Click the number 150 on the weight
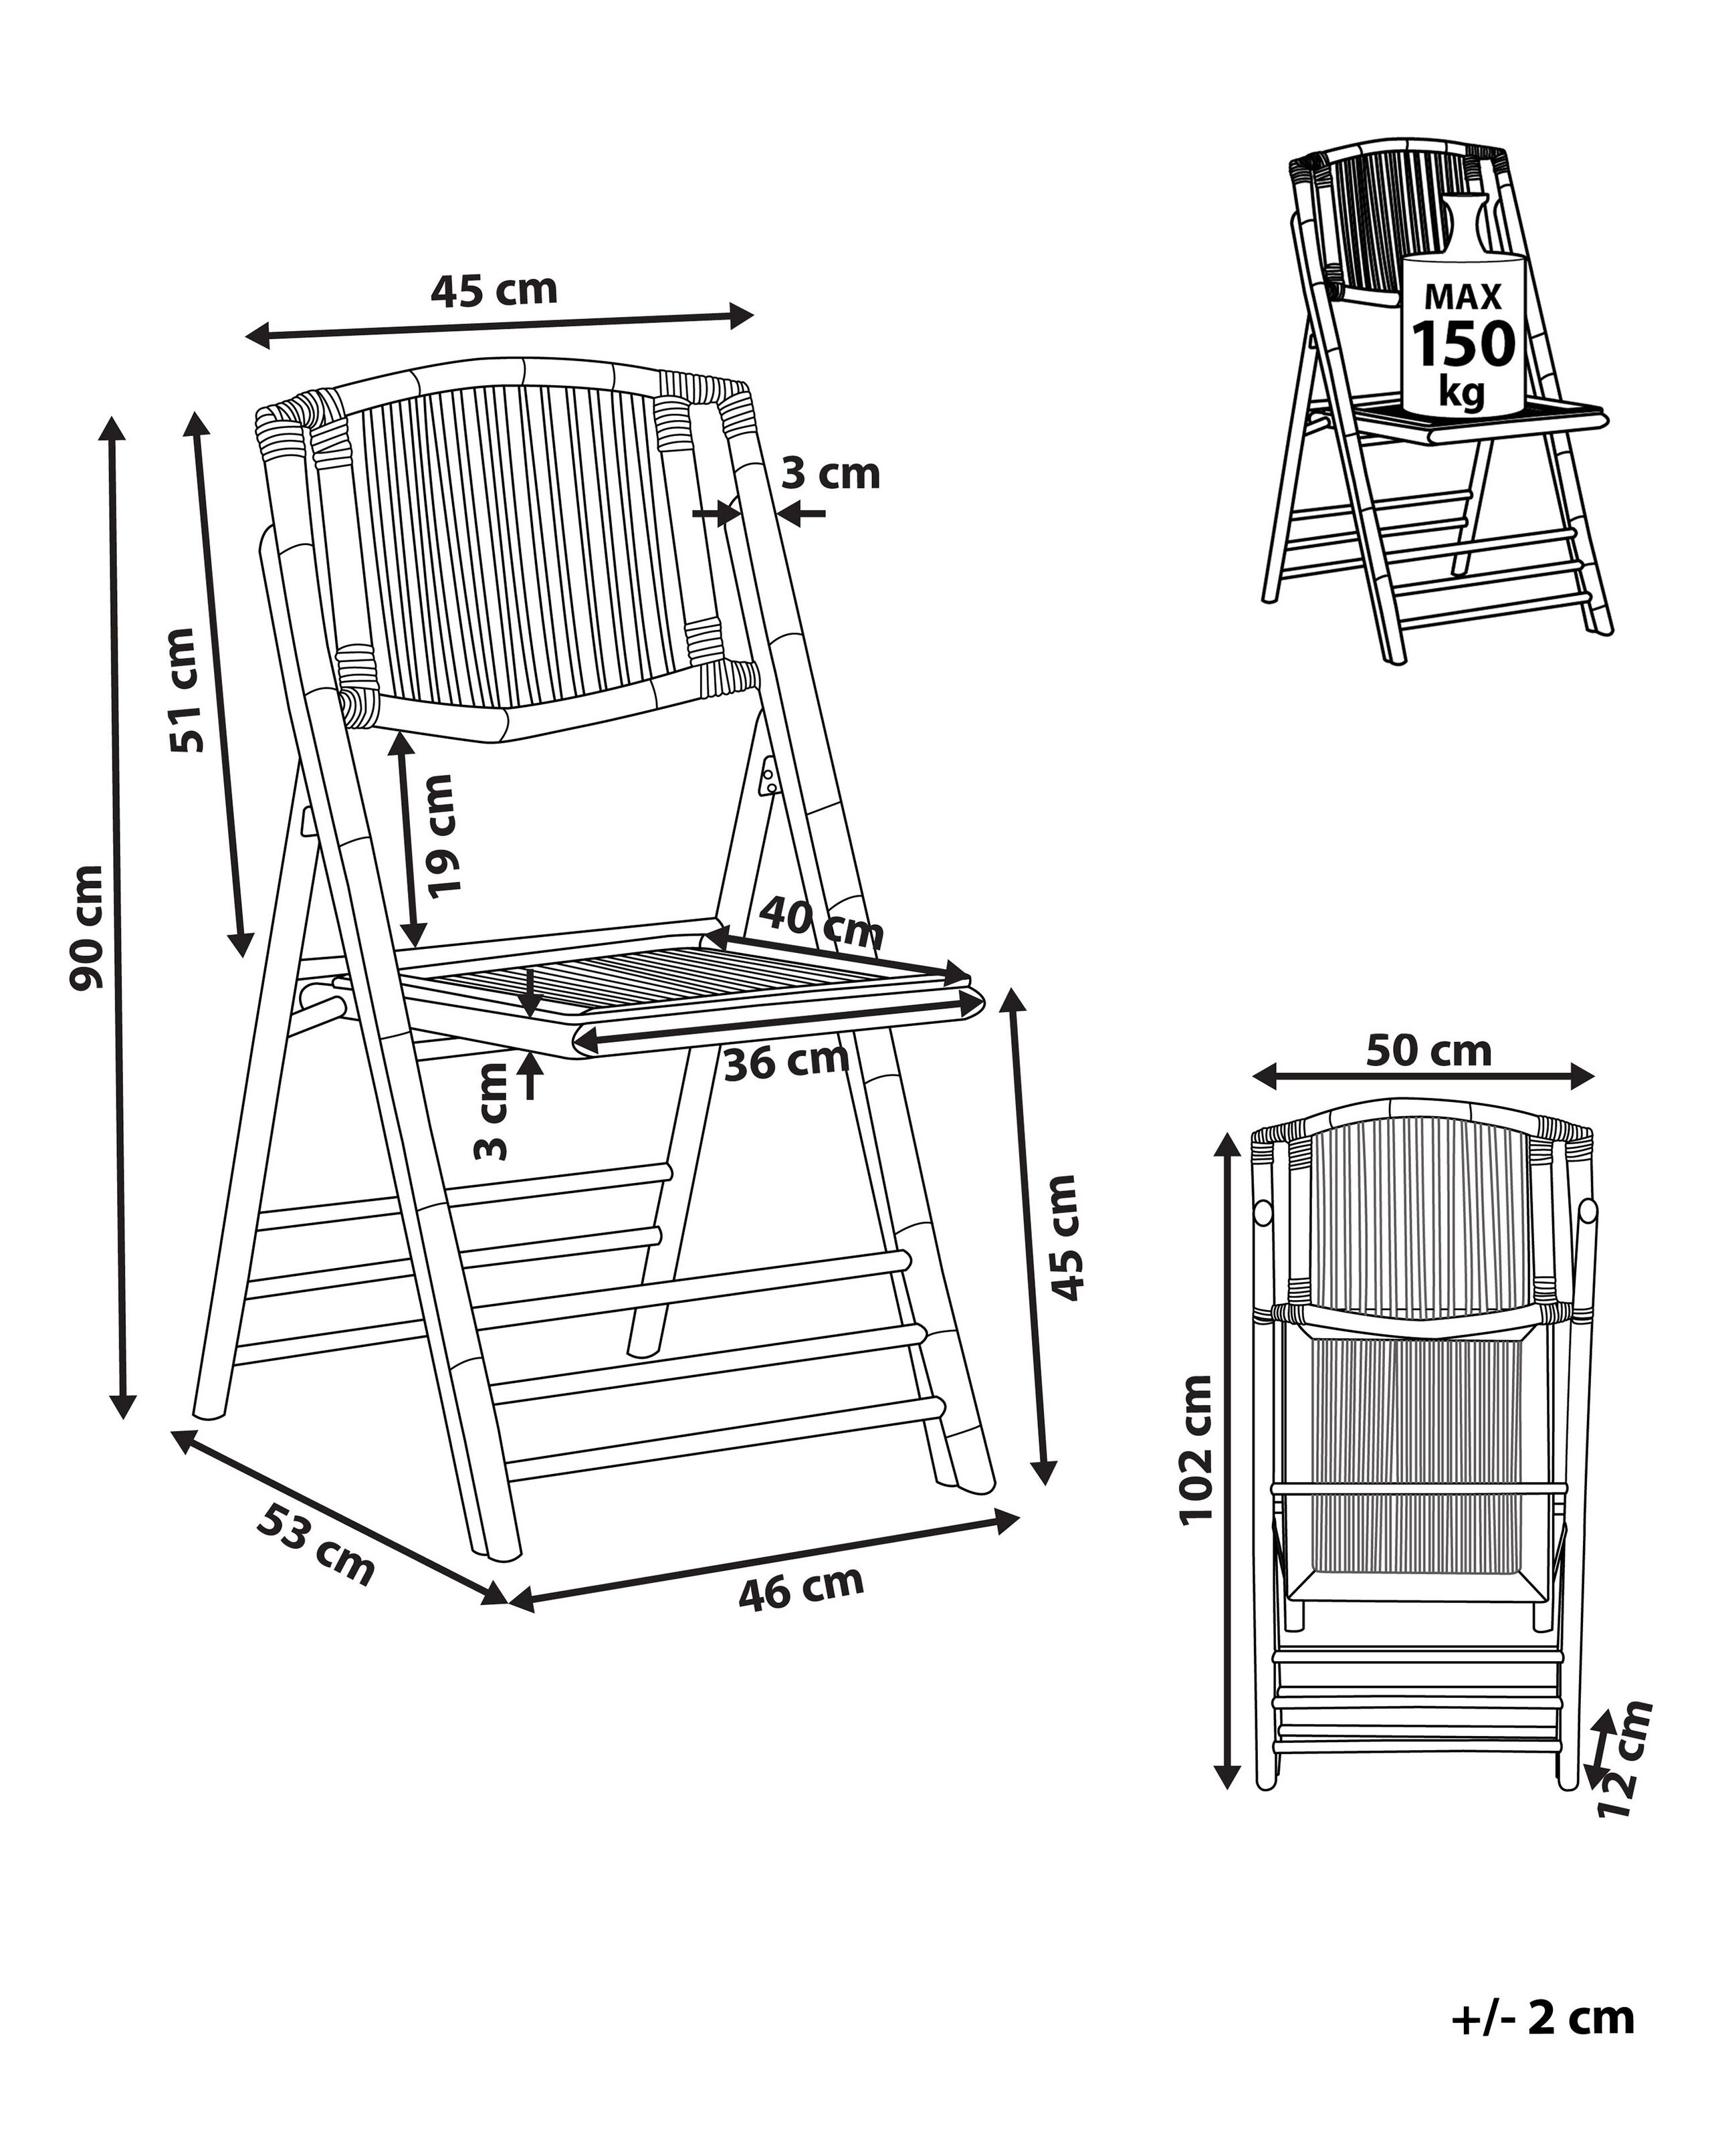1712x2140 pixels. [x=1463, y=344]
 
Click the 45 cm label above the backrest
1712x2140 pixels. [x=494, y=289]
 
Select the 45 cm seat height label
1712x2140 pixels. [x=1065, y=1237]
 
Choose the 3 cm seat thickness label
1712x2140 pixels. [x=492, y=1109]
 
